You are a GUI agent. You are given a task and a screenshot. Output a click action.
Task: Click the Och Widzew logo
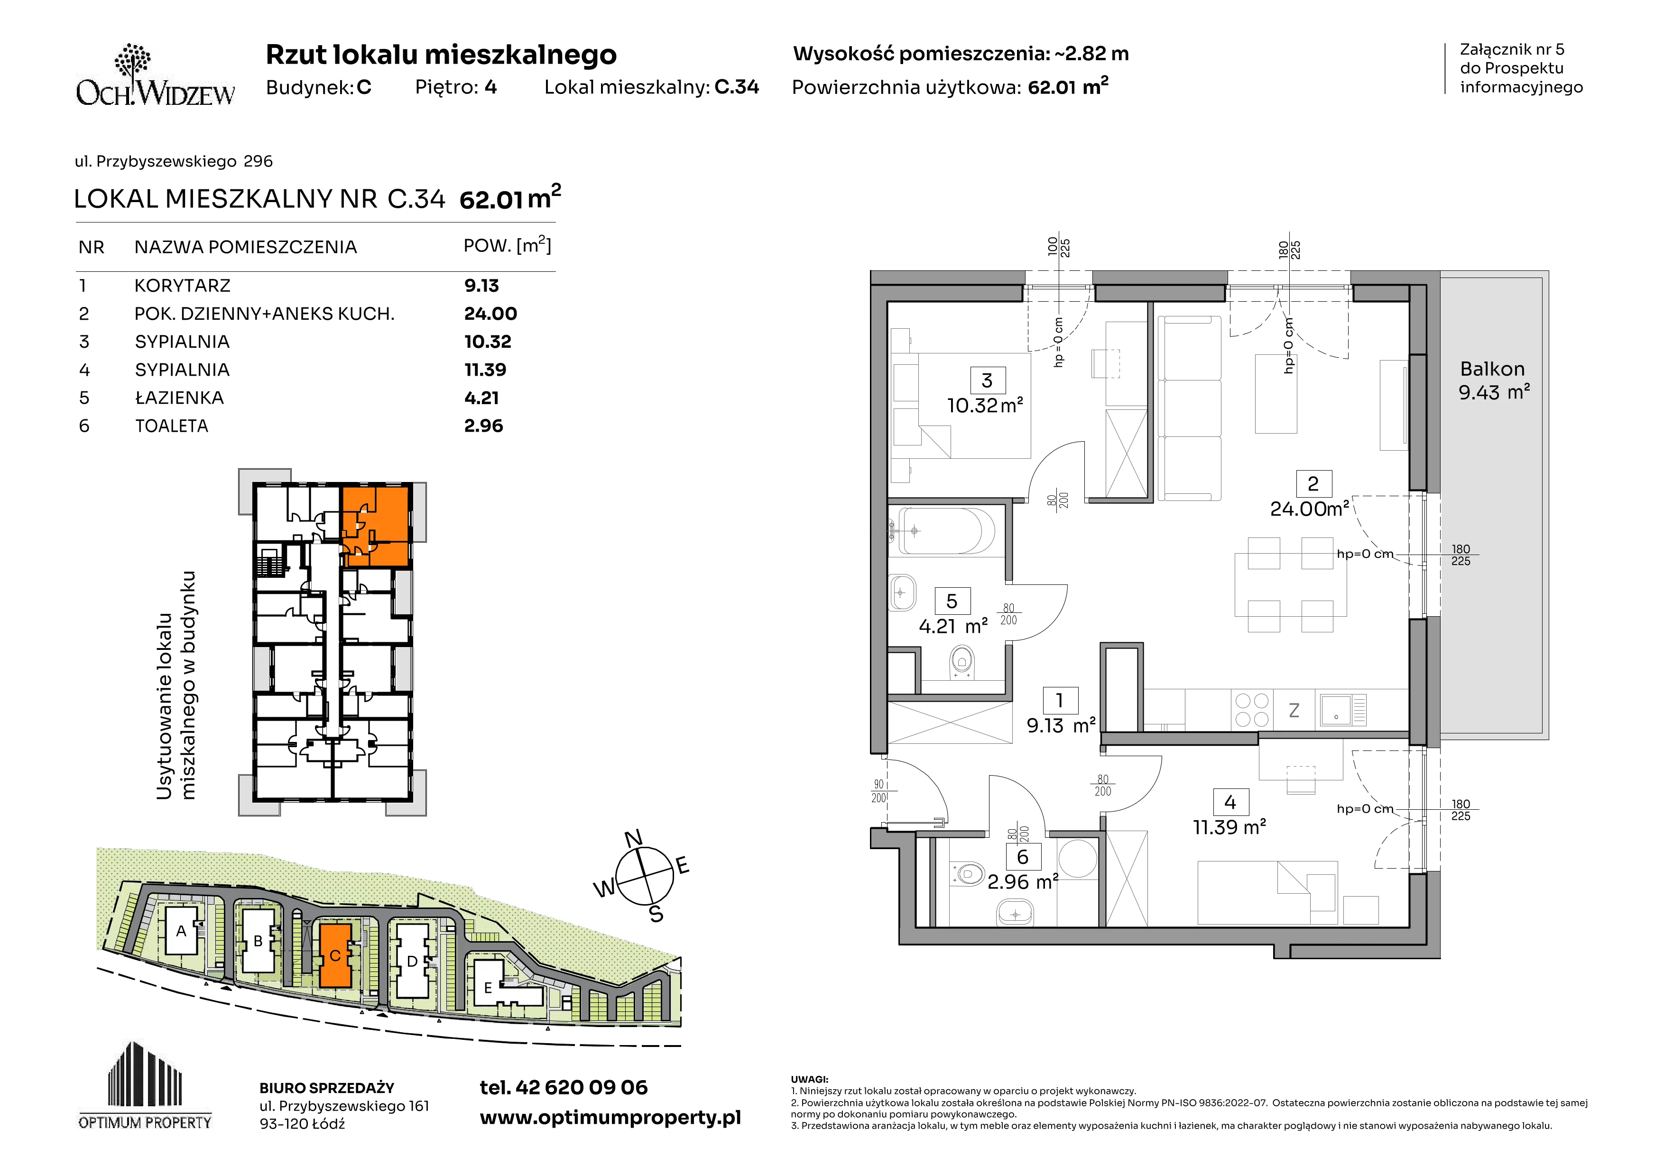tap(155, 75)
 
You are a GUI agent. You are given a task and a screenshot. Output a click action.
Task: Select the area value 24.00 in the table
tap(490, 314)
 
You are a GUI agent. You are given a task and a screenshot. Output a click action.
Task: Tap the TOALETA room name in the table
tap(172, 426)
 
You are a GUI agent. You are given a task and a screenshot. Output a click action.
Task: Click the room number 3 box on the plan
tap(986, 380)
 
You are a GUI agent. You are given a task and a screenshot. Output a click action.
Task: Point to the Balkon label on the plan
tap(1492, 369)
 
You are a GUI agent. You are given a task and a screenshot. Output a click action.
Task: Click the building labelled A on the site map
tap(181, 931)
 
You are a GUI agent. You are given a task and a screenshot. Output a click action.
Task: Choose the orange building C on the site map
tap(335, 955)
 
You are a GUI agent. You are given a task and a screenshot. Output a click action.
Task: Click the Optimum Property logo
tap(145, 1085)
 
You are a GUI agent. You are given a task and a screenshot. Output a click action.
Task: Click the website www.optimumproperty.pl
tap(610, 1118)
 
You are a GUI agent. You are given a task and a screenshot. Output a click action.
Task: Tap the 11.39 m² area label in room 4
tap(1230, 827)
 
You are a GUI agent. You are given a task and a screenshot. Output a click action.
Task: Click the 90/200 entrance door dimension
tap(879, 791)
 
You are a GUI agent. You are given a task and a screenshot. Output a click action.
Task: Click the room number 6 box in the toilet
tap(1023, 857)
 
